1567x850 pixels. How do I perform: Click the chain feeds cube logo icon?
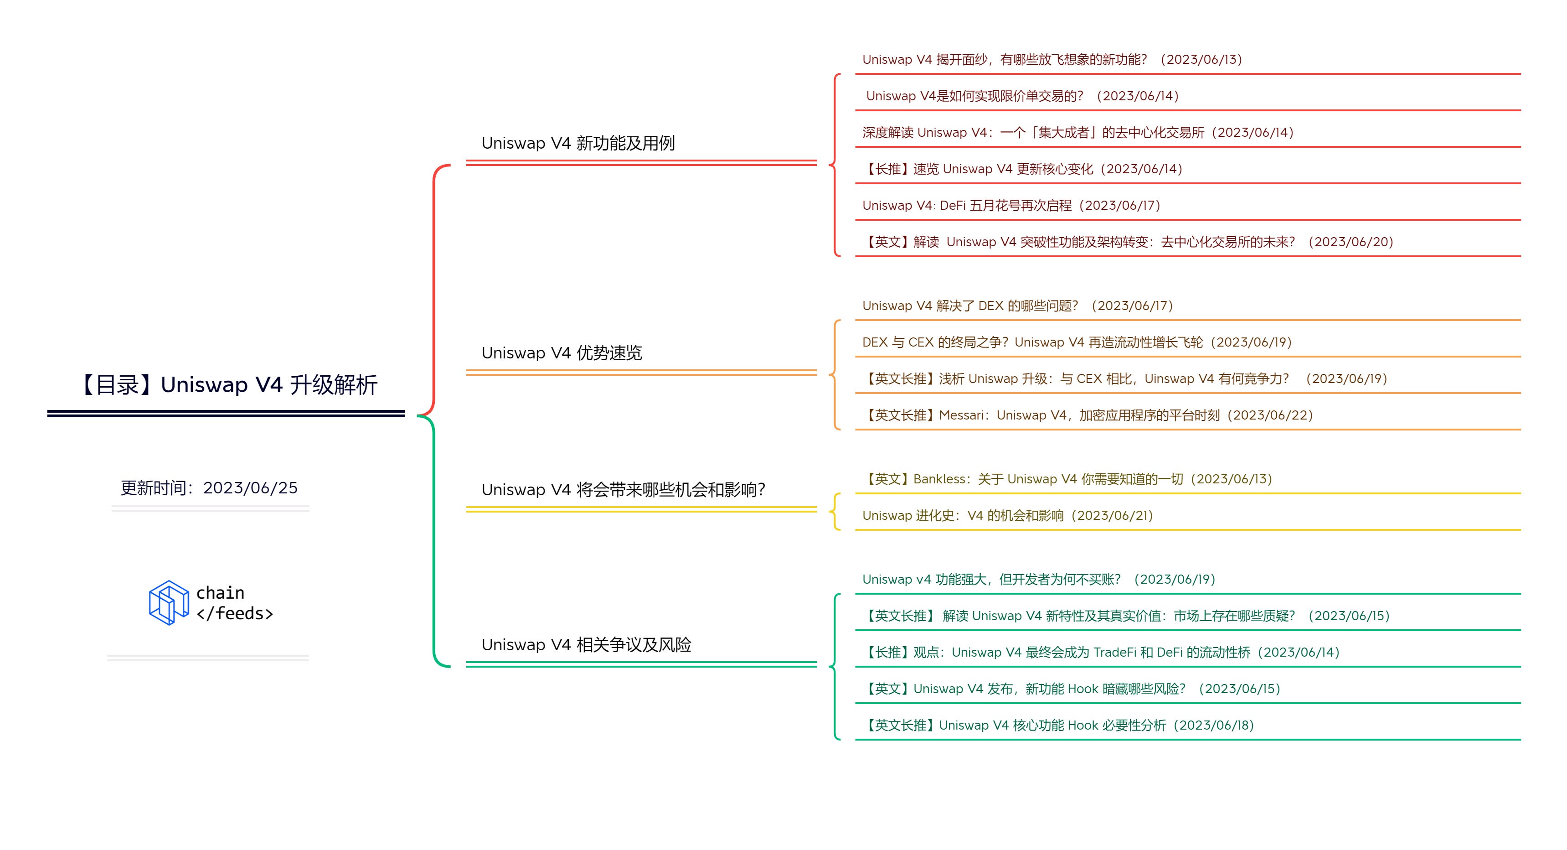tap(169, 602)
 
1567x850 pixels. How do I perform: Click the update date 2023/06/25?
tap(250, 488)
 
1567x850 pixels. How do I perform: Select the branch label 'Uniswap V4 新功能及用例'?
tap(578, 144)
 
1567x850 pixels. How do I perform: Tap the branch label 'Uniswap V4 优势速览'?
tap(562, 353)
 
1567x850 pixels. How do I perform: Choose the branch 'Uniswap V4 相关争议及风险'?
tap(586, 645)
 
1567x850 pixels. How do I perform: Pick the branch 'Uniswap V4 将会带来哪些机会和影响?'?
tap(623, 490)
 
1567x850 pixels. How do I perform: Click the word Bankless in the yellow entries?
tap(938, 479)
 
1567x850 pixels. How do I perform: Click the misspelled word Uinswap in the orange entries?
tap(1169, 379)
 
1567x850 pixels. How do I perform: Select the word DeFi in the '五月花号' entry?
tap(953, 206)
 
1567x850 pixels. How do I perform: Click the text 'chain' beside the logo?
tap(220, 593)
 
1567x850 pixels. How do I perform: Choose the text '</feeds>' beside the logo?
tap(235, 613)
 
